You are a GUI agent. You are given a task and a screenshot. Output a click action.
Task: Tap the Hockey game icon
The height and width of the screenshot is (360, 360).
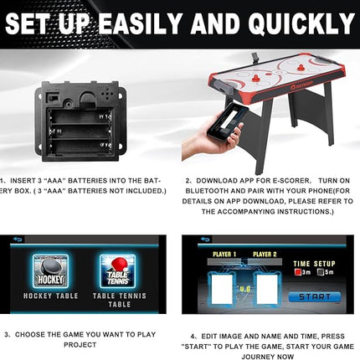pyautogui.click(x=49, y=270)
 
